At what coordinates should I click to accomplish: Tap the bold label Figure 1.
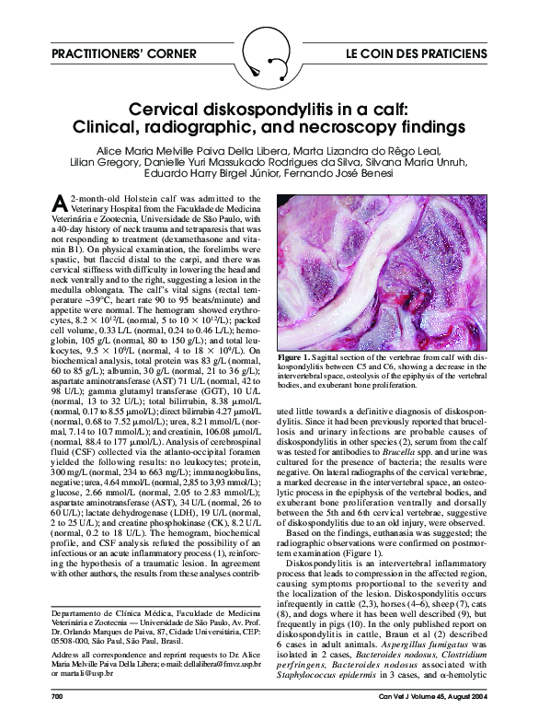302,406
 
